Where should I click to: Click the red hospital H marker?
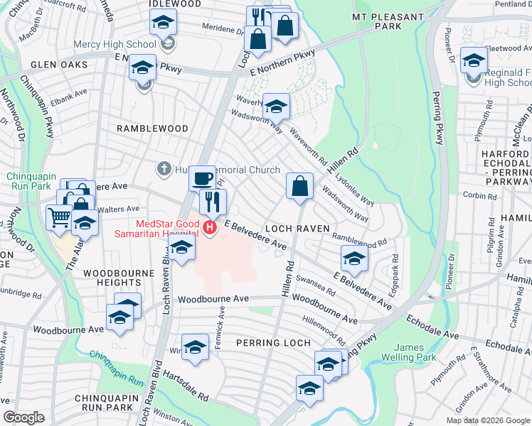point(210,228)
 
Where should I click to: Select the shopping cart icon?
point(59,217)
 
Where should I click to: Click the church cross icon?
point(164,170)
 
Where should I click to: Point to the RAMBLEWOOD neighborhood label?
point(153,129)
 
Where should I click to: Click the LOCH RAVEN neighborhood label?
point(297,229)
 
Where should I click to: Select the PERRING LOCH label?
point(273,343)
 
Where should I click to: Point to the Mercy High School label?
point(115,45)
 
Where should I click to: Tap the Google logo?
point(24,417)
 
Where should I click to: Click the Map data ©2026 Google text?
point(487,420)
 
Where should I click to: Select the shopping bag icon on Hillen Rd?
point(300,187)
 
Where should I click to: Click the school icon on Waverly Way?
point(276,106)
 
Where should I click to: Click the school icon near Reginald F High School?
point(474,60)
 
